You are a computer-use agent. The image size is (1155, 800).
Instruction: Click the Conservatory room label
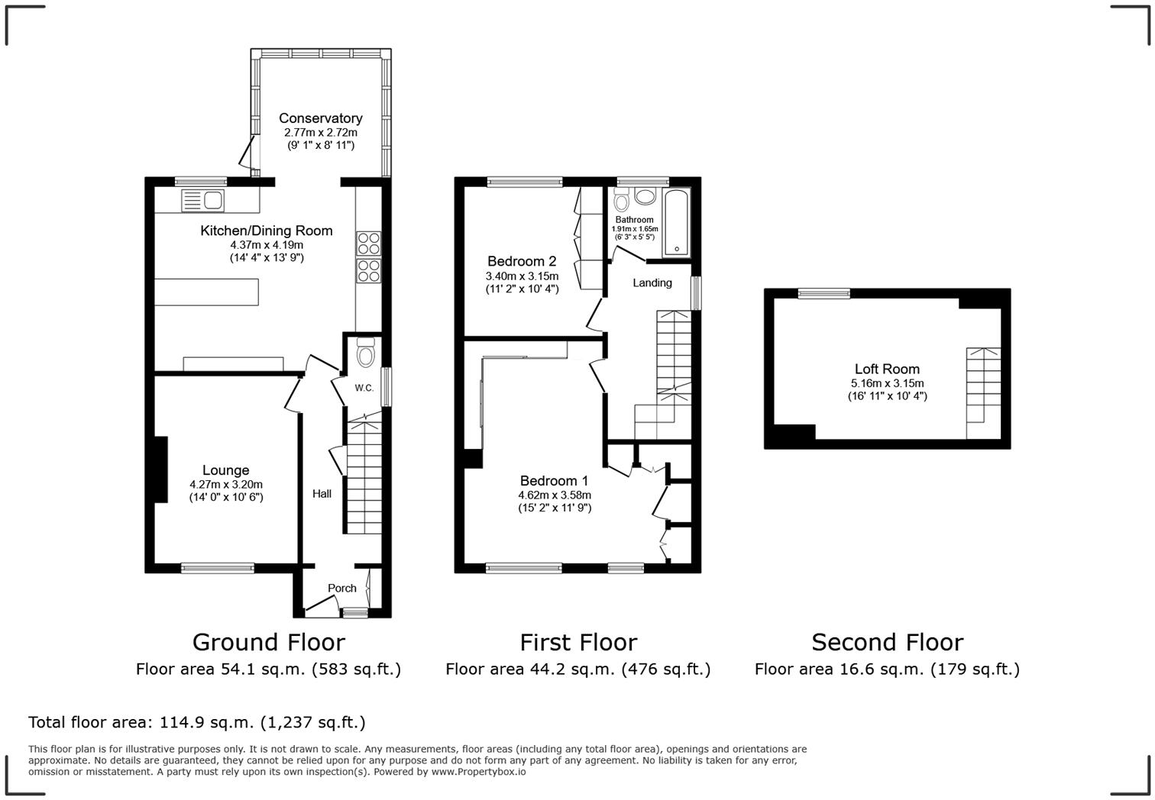320,118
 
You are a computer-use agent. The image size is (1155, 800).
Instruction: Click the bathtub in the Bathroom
677,222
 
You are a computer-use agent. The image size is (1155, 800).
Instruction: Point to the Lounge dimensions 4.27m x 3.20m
226,484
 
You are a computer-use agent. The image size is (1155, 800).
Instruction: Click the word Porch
341,588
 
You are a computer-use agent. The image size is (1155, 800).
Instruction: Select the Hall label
322,494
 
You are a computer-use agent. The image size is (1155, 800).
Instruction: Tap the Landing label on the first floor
652,282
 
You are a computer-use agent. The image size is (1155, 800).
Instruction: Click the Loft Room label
887,369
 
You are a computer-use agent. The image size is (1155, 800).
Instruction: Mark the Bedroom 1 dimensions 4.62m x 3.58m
554,495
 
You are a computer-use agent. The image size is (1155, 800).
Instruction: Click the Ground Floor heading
268,642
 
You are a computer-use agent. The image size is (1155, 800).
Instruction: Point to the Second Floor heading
887,642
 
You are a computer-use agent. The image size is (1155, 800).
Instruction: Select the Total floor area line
196,722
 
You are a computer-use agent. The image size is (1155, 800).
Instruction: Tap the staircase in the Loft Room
983,392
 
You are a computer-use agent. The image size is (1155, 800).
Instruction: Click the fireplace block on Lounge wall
160,469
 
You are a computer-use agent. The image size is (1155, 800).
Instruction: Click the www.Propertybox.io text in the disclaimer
478,772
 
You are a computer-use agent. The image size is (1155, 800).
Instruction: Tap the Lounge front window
218,567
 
